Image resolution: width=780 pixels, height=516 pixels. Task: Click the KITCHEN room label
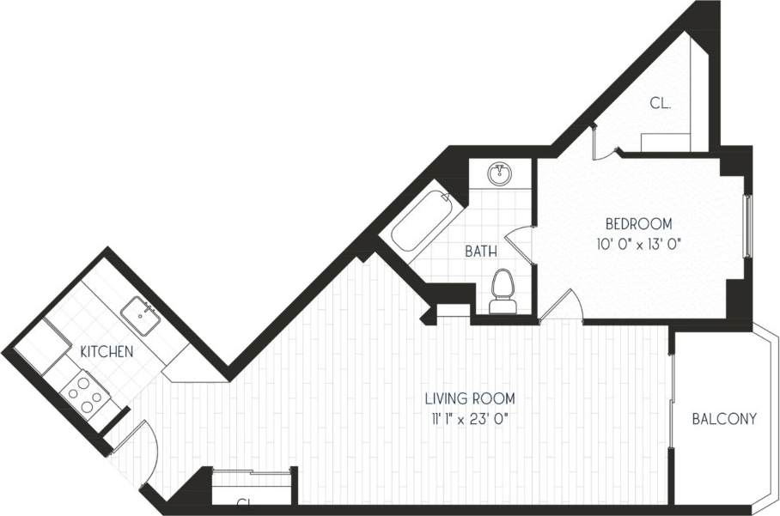click(x=107, y=351)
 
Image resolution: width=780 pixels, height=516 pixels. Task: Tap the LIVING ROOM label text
click(x=469, y=398)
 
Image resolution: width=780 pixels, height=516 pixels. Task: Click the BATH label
click(x=480, y=252)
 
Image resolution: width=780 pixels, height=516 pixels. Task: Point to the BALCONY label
click(x=724, y=419)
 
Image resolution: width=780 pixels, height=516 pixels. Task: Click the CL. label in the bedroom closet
click(x=660, y=103)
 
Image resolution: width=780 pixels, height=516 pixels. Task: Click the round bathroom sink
click(x=499, y=174)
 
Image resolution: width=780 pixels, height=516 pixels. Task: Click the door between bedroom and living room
click(x=562, y=305)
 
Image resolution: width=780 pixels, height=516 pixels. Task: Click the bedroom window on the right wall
click(x=747, y=227)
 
